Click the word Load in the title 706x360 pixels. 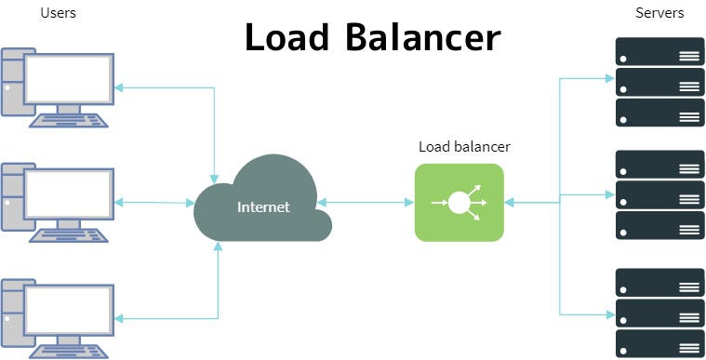297,37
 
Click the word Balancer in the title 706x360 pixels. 427,37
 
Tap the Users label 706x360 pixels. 59,13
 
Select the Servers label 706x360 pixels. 659,13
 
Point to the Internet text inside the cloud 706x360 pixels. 263,207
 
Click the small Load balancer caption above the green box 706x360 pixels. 464,147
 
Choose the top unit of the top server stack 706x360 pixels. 659,52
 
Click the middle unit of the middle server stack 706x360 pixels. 659,194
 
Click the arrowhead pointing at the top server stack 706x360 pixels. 608,79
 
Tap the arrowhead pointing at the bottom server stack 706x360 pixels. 608,313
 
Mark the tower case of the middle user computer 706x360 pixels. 12,198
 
